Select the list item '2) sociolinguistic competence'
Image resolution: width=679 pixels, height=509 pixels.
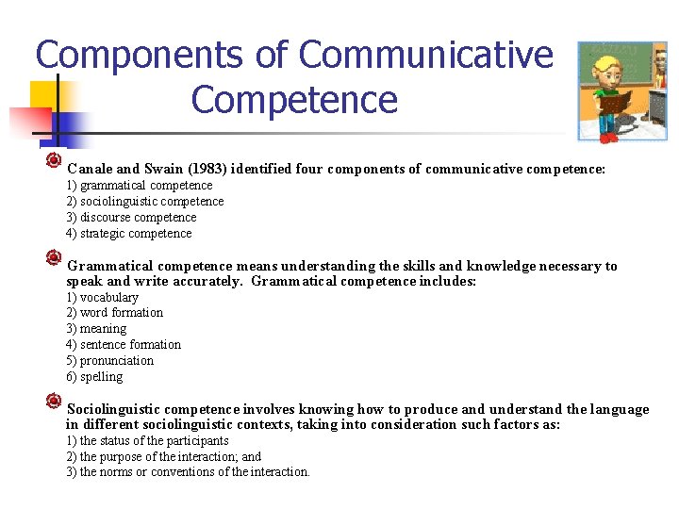point(144,202)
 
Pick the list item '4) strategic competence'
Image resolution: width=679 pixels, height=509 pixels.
point(128,234)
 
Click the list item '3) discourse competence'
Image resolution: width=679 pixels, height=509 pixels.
point(131,218)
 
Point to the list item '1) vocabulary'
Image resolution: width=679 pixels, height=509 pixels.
point(102,298)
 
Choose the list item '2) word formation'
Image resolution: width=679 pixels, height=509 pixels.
point(114,313)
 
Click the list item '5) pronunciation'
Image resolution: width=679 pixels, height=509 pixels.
point(109,361)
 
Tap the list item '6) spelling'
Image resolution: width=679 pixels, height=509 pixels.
point(94,377)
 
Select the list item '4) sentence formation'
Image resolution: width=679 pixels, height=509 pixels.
point(124,345)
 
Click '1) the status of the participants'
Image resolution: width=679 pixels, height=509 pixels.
point(147,441)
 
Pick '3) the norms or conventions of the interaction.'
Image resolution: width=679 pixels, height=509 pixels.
point(188,472)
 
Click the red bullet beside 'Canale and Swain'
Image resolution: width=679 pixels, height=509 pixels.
point(54,161)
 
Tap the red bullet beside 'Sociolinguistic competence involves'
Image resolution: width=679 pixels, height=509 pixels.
point(54,402)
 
